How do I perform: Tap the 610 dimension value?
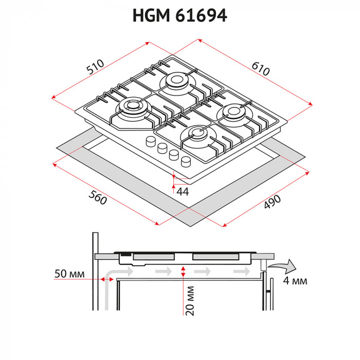(x=260, y=68)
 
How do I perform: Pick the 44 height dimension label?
(x=183, y=192)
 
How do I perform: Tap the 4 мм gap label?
(x=295, y=281)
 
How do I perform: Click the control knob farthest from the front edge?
(x=151, y=141)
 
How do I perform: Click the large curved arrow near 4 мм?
(x=283, y=266)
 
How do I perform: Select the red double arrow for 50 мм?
(x=108, y=279)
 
